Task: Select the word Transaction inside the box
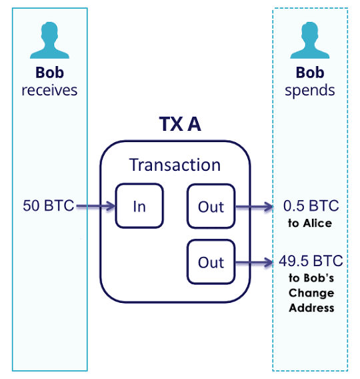coord(175,165)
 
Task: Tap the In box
coord(139,206)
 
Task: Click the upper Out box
coord(211,206)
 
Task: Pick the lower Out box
coord(211,262)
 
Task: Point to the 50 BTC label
coord(48,206)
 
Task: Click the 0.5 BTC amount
coord(310,206)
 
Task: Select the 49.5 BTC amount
coord(310,261)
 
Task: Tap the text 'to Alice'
coord(310,224)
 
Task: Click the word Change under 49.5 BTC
coord(310,293)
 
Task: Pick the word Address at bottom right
coord(310,308)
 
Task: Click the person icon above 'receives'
coord(49,41)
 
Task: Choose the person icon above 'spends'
coord(310,41)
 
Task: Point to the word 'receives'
coord(49,90)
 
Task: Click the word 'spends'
coord(310,90)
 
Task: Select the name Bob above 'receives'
coord(49,73)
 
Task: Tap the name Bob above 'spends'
coord(310,73)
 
